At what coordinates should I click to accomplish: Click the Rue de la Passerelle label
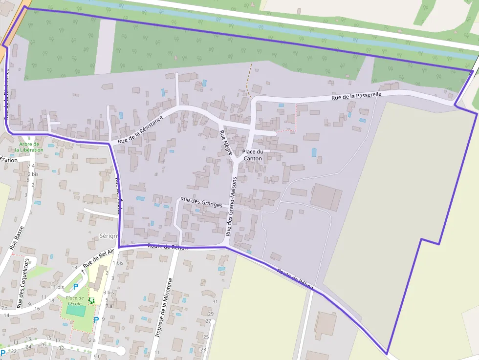point(356,96)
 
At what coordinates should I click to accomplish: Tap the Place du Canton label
point(252,155)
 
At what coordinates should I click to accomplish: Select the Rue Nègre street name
point(226,143)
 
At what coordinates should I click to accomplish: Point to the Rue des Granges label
point(201,202)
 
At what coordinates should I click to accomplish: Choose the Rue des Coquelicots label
point(23,282)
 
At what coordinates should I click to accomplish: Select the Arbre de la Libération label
point(31,147)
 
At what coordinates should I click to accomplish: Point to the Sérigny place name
point(109,236)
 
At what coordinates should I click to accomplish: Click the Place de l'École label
point(75,300)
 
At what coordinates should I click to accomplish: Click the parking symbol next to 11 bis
point(76,287)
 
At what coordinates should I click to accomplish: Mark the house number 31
point(215,301)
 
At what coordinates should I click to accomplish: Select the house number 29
point(211,314)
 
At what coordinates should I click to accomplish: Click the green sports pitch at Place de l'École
point(76,310)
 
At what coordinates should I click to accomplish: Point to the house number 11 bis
point(57,287)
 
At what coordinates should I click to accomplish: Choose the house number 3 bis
point(109,293)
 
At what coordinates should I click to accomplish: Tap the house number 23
point(203,350)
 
